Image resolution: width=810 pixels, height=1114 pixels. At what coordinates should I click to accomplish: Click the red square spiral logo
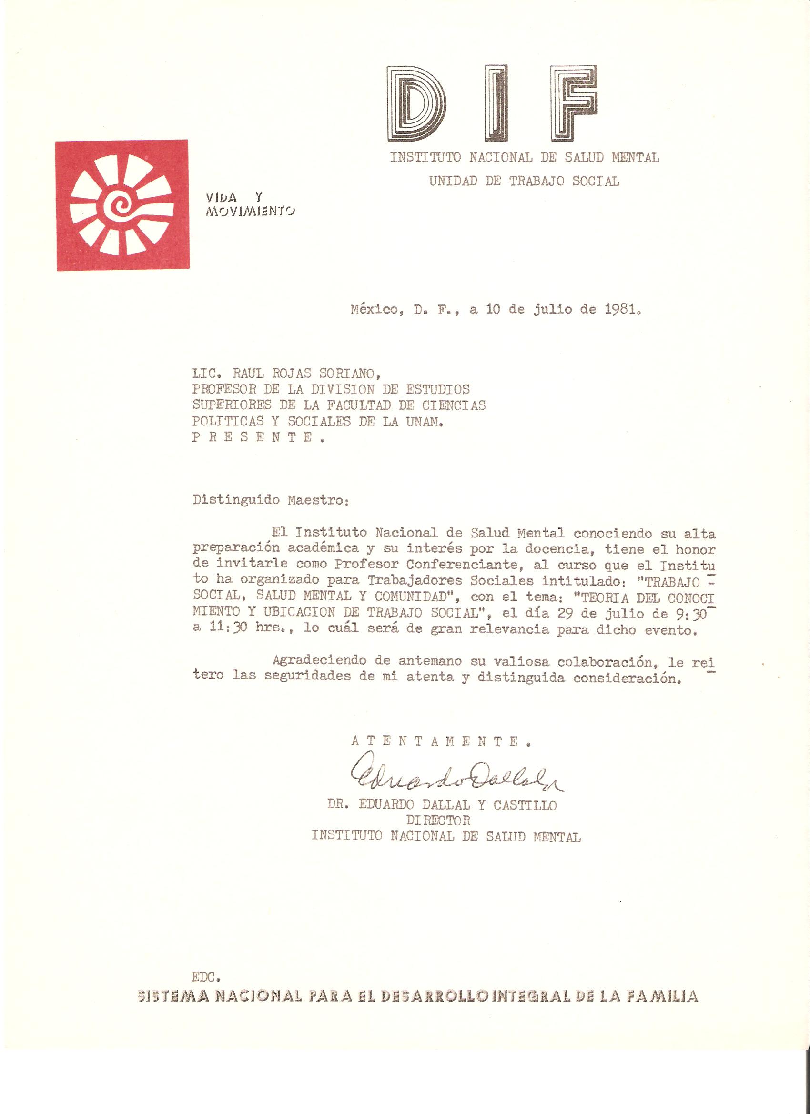click(x=122, y=205)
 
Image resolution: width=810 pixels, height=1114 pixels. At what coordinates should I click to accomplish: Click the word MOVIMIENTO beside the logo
click(x=251, y=211)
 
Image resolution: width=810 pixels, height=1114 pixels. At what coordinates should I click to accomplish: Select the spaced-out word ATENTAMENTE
click(x=441, y=742)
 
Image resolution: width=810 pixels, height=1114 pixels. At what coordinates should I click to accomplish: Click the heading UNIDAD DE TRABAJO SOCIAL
click(x=524, y=181)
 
